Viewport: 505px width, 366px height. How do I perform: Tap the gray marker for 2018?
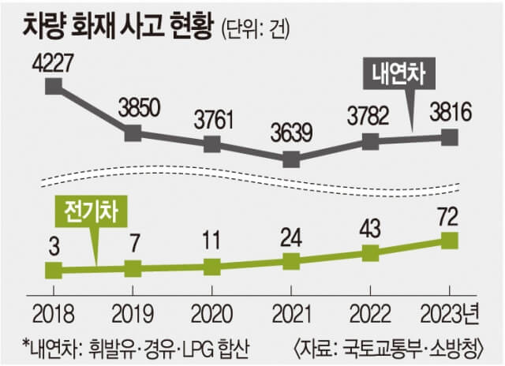[x=54, y=85]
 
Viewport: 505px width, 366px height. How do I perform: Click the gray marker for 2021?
[x=291, y=159]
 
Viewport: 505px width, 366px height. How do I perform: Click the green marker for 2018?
[x=54, y=271]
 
